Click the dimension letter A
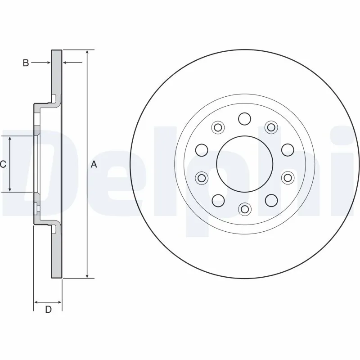click(x=94, y=164)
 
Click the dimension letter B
click(x=26, y=63)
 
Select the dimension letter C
click(x=3, y=164)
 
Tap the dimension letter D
click(x=48, y=309)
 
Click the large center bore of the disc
click(x=244, y=164)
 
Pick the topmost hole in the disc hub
click(x=244, y=119)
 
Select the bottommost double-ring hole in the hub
click(x=244, y=208)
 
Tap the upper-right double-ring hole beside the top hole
click(x=271, y=127)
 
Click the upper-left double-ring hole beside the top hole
click(x=218, y=127)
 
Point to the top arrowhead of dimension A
click(x=87, y=52)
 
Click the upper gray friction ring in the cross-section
click(x=56, y=72)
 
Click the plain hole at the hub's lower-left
click(x=218, y=200)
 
